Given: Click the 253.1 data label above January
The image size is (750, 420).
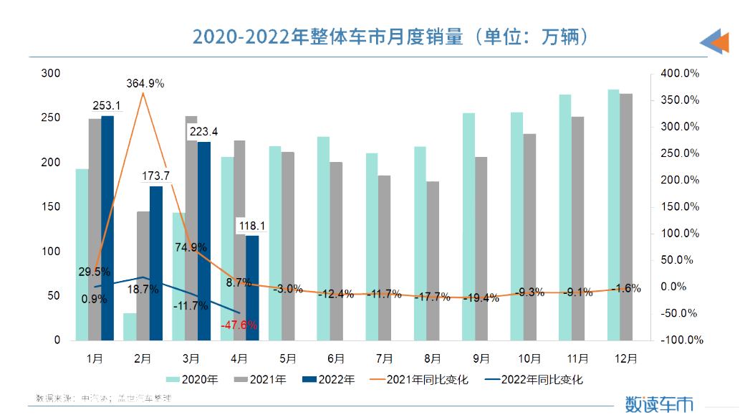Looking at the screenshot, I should tap(107, 106).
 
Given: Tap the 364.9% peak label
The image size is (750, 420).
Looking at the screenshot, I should tap(145, 83).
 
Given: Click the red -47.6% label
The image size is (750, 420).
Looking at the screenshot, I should tap(239, 325).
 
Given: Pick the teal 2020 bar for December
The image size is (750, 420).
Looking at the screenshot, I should tap(613, 215).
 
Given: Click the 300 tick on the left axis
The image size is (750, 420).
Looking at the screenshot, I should tap(51, 73).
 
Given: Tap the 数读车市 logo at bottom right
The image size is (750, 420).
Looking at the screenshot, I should tap(659, 403).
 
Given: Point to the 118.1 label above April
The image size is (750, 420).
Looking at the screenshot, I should tap(252, 226).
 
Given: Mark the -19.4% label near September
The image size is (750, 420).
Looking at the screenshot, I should tap(481, 297).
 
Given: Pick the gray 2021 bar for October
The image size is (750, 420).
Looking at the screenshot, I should tap(529, 237).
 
